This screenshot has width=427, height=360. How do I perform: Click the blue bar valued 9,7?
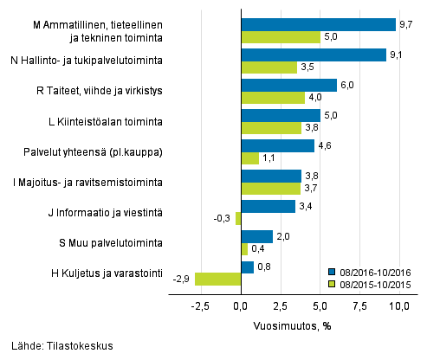(318, 24)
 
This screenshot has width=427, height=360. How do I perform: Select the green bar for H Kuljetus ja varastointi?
(217, 279)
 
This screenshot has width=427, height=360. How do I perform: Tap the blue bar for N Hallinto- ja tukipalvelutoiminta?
(313, 55)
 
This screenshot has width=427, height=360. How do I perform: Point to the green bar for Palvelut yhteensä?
(249, 157)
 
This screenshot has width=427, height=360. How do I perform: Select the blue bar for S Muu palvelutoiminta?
(256, 236)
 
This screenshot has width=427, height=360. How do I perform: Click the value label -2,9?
(182, 279)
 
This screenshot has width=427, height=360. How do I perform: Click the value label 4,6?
(325, 145)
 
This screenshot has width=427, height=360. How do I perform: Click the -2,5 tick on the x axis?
(200, 306)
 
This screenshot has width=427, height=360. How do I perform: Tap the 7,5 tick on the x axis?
(360, 306)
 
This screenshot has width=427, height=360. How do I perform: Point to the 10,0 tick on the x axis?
(400, 306)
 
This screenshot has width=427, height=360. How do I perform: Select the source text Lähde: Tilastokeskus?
(59, 346)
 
